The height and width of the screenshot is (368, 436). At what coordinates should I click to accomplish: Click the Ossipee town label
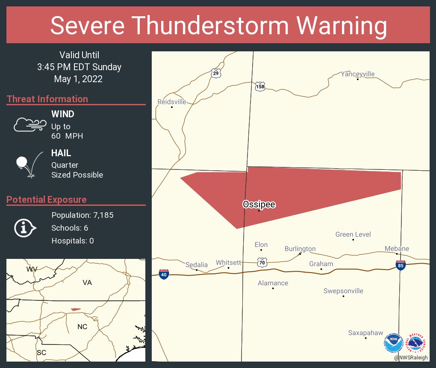click(259, 205)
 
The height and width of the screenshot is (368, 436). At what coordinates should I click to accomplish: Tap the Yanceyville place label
click(357, 74)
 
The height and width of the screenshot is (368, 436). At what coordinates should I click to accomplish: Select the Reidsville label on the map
click(172, 102)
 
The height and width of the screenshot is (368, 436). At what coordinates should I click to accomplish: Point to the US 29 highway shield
click(216, 73)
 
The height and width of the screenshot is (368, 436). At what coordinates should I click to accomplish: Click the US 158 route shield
click(260, 86)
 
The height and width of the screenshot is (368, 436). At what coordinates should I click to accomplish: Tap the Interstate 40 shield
click(164, 274)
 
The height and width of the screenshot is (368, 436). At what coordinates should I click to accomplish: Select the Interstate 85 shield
click(401, 265)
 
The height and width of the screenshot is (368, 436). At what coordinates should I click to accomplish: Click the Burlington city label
click(300, 249)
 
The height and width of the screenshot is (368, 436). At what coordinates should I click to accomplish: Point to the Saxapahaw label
click(365, 332)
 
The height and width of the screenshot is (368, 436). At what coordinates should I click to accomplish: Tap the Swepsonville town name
click(343, 291)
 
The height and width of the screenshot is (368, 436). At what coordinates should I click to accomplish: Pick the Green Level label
click(353, 234)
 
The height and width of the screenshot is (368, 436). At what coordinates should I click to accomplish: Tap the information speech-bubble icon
click(24, 228)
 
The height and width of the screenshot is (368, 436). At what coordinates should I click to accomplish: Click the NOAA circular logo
click(393, 344)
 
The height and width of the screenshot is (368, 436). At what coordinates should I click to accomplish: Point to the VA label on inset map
click(87, 283)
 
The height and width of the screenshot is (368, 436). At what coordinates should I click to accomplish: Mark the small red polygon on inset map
click(76, 309)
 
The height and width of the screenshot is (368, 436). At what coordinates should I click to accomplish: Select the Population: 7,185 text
click(82, 215)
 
